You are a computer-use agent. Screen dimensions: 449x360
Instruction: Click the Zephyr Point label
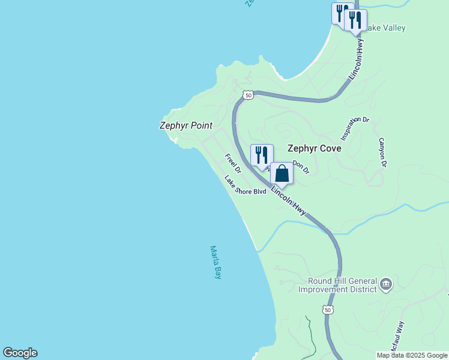[185, 125]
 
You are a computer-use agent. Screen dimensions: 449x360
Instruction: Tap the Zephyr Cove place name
[314, 148]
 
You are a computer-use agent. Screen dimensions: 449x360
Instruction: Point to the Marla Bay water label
[215, 262]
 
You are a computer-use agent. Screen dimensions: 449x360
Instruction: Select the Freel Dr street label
[233, 164]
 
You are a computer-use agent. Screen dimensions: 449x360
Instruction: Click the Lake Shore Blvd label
[245, 186]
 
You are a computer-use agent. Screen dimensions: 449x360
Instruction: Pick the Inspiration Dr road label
[354, 128]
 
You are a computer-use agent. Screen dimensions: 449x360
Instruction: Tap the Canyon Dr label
[381, 152]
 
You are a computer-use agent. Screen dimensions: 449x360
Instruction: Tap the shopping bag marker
[282, 173]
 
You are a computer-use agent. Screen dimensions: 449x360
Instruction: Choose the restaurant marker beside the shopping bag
[262, 155]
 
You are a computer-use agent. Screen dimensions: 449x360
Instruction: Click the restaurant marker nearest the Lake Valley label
[355, 20]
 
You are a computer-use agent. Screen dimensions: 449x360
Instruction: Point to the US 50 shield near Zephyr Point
[248, 95]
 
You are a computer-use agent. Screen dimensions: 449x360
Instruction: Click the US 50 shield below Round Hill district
[327, 309]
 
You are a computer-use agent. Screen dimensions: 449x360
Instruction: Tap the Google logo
[20, 353]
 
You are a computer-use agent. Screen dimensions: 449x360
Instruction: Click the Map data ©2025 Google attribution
[412, 355]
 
